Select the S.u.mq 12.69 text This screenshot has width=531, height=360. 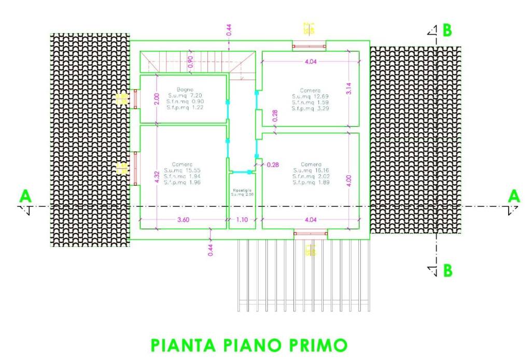pyautogui.click(x=310, y=96)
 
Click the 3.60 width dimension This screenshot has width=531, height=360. pyautogui.click(x=183, y=220)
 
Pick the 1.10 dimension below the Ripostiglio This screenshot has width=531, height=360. pyautogui.click(x=242, y=220)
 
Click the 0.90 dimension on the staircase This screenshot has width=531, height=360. pyautogui.click(x=190, y=62)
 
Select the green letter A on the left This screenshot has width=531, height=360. pyautogui.click(x=24, y=196)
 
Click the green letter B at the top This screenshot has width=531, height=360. pyautogui.click(x=446, y=30)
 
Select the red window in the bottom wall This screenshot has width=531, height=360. pyautogui.click(x=310, y=233)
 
